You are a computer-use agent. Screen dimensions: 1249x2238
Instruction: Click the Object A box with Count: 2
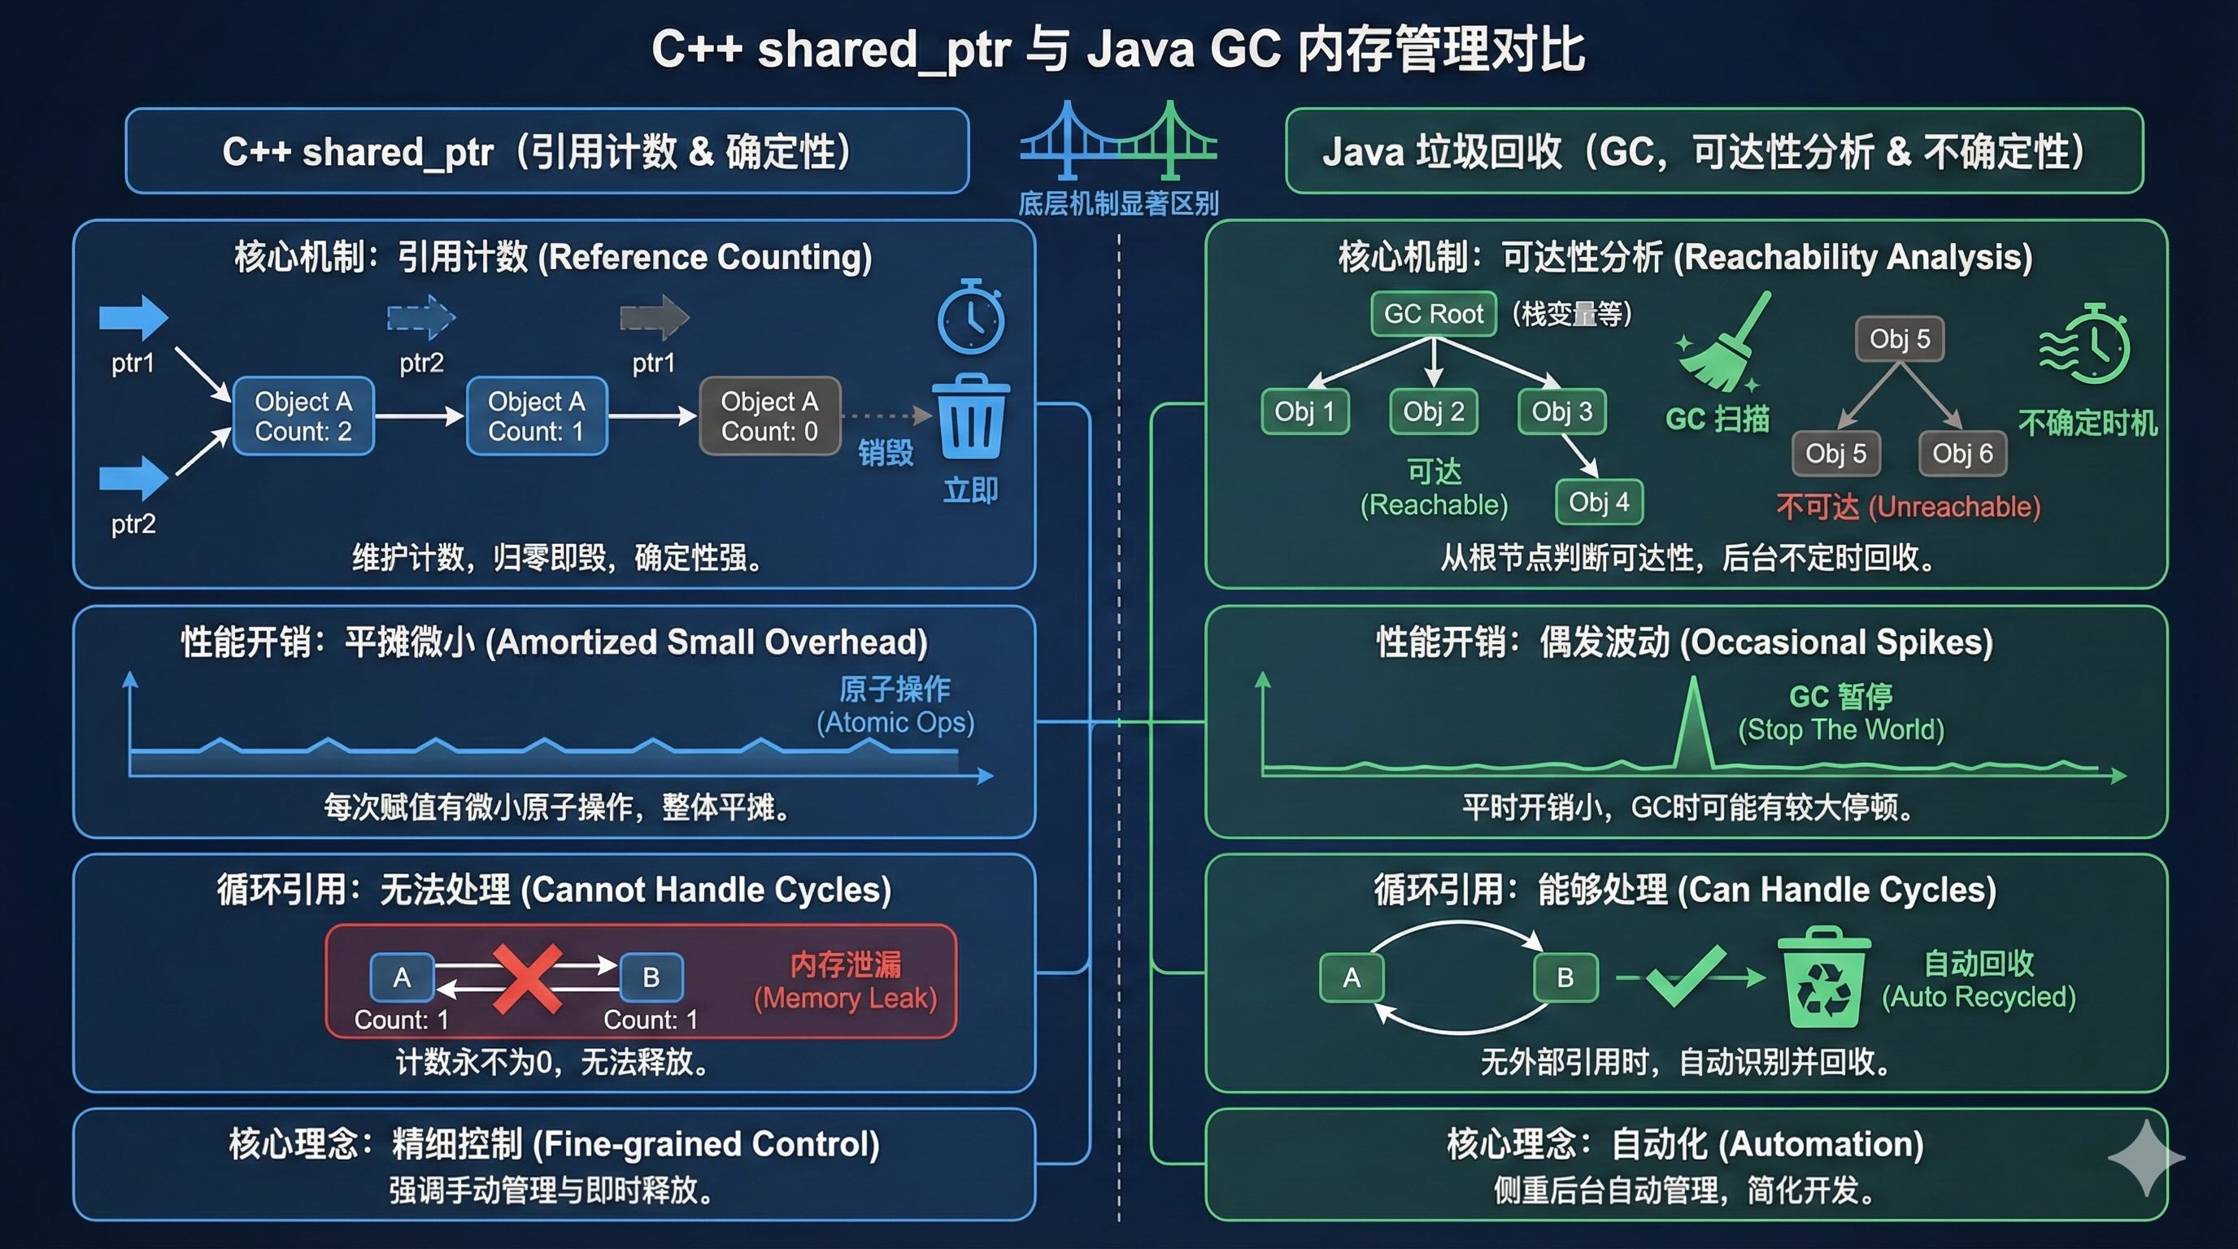pyautogui.click(x=303, y=416)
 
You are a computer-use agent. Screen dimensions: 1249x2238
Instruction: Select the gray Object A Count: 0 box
pyautogui.click(x=770, y=416)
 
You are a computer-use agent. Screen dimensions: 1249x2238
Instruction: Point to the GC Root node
pyautogui.click(x=1434, y=314)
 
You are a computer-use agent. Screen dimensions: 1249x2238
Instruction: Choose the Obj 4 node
pyautogui.click(x=1599, y=502)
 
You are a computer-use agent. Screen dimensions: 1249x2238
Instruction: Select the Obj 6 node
pyautogui.click(x=1962, y=454)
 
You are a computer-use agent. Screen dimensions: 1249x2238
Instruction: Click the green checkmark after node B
pyautogui.click(x=1686, y=977)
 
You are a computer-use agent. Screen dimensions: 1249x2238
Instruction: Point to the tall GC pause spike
pyautogui.click(x=1693, y=721)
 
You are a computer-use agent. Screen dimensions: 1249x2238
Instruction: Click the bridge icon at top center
pyautogui.click(x=1118, y=141)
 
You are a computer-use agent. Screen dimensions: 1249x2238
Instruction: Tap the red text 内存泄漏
pyautogui.click(x=845, y=964)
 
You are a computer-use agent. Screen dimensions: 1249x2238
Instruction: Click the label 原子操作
pyautogui.click(x=895, y=690)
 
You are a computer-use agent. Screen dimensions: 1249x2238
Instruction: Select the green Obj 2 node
pyautogui.click(x=1434, y=411)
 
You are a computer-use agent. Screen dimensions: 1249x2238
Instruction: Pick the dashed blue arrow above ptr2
pyautogui.click(x=420, y=317)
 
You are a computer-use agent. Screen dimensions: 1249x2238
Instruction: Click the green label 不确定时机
pyautogui.click(x=2088, y=423)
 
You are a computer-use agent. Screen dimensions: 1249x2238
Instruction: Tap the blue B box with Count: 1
pyautogui.click(x=651, y=978)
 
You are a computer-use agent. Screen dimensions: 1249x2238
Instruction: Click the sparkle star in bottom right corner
pyautogui.click(x=2146, y=1158)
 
